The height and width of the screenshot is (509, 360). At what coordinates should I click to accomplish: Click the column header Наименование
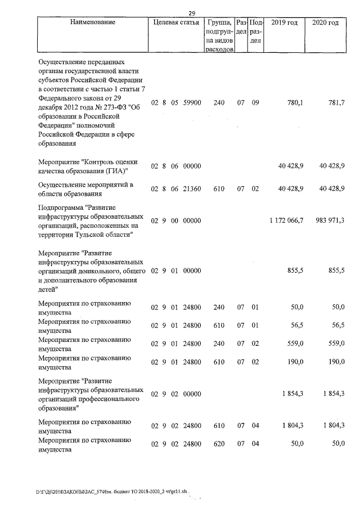pyautogui.click(x=93, y=22)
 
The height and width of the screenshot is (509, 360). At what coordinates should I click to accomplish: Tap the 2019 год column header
pyautogui.click(x=284, y=22)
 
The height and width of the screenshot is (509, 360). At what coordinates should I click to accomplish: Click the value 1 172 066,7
pyautogui.click(x=287, y=220)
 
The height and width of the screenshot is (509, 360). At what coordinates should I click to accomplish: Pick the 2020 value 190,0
pyautogui.click(x=336, y=362)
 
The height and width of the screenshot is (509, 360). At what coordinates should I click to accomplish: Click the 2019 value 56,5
pyautogui.click(x=296, y=325)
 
